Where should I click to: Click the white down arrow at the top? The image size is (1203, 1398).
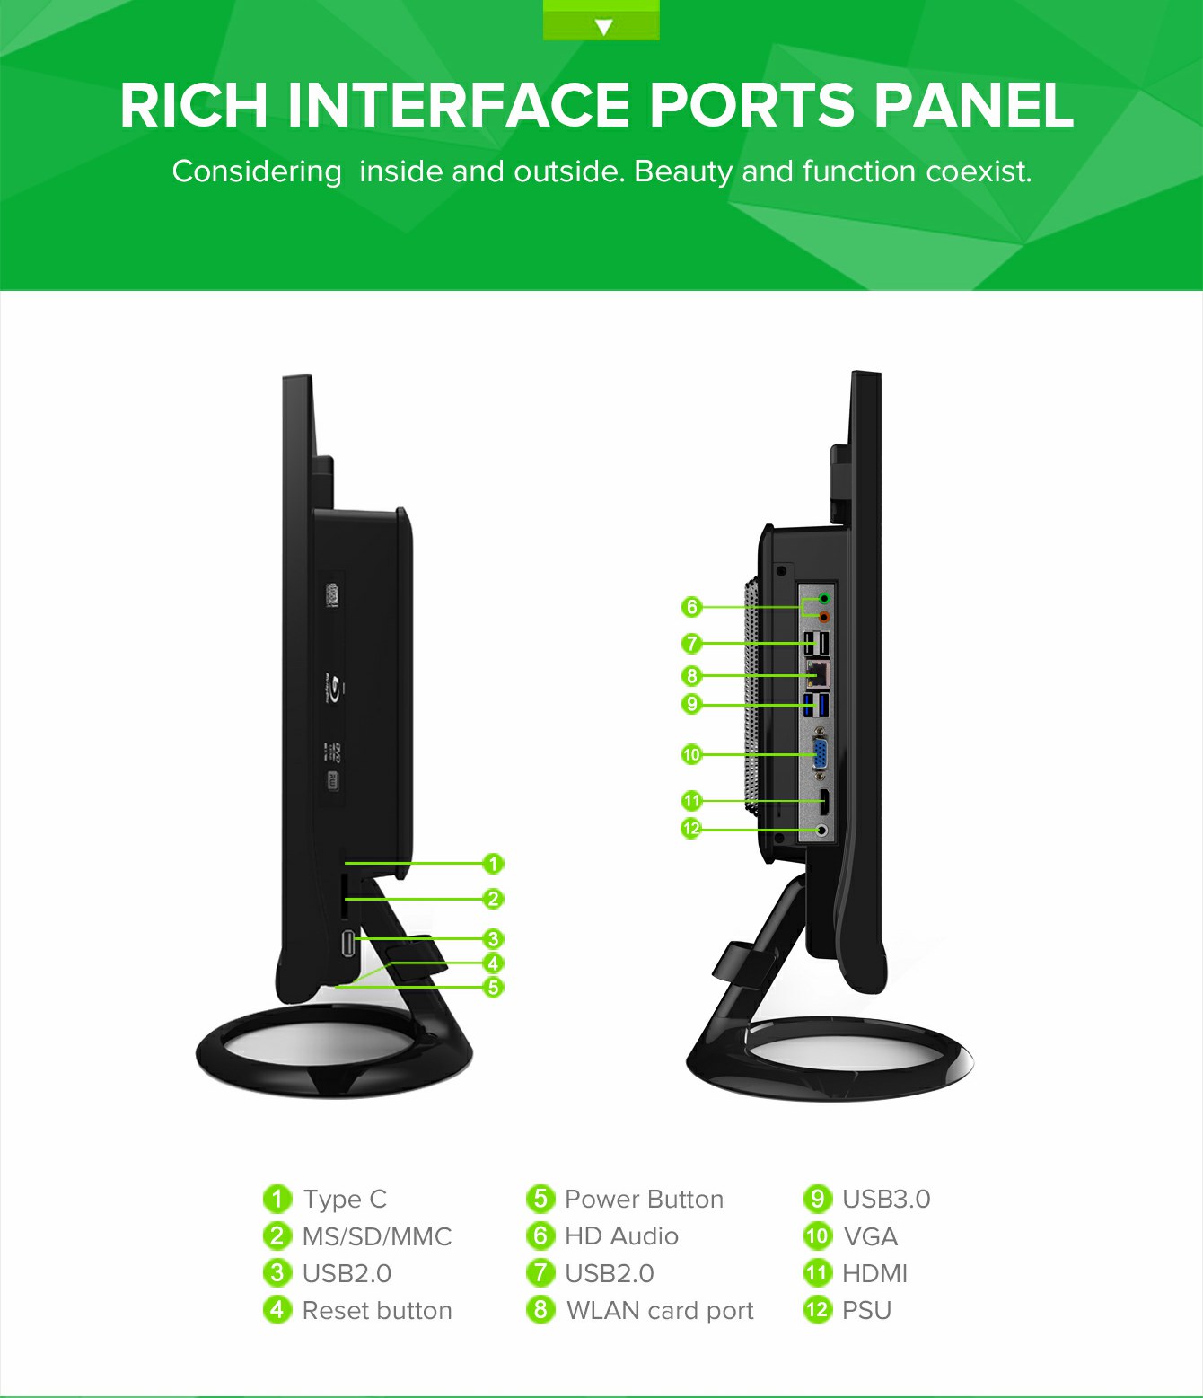(603, 27)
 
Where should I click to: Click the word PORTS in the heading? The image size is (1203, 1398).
(752, 106)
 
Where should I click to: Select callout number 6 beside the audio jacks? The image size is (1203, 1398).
(691, 607)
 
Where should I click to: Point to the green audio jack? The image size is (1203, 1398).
(823, 598)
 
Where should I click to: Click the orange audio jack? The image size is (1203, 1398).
(823, 617)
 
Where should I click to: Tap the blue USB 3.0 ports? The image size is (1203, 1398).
(816, 705)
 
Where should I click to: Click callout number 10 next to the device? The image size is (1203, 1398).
(691, 754)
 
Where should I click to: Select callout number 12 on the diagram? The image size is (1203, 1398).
(691, 829)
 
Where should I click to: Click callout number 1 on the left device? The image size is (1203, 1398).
(493, 864)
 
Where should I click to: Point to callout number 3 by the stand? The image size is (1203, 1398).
(493, 939)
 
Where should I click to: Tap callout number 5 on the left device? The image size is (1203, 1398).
(493, 987)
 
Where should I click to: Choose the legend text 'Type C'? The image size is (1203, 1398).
(345, 1200)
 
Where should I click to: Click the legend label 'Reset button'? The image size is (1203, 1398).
(377, 1311)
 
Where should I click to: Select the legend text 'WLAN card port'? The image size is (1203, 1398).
(660, 1311)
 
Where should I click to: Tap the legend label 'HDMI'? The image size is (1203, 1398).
(874, 1273)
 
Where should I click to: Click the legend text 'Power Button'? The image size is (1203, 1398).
(644, 1200)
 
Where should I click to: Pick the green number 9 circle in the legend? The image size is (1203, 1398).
(818, 1199)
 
